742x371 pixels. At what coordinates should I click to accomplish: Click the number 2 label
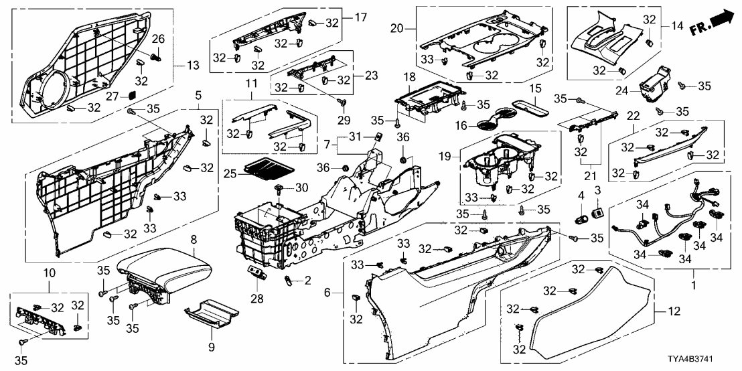tap(309, 281)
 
